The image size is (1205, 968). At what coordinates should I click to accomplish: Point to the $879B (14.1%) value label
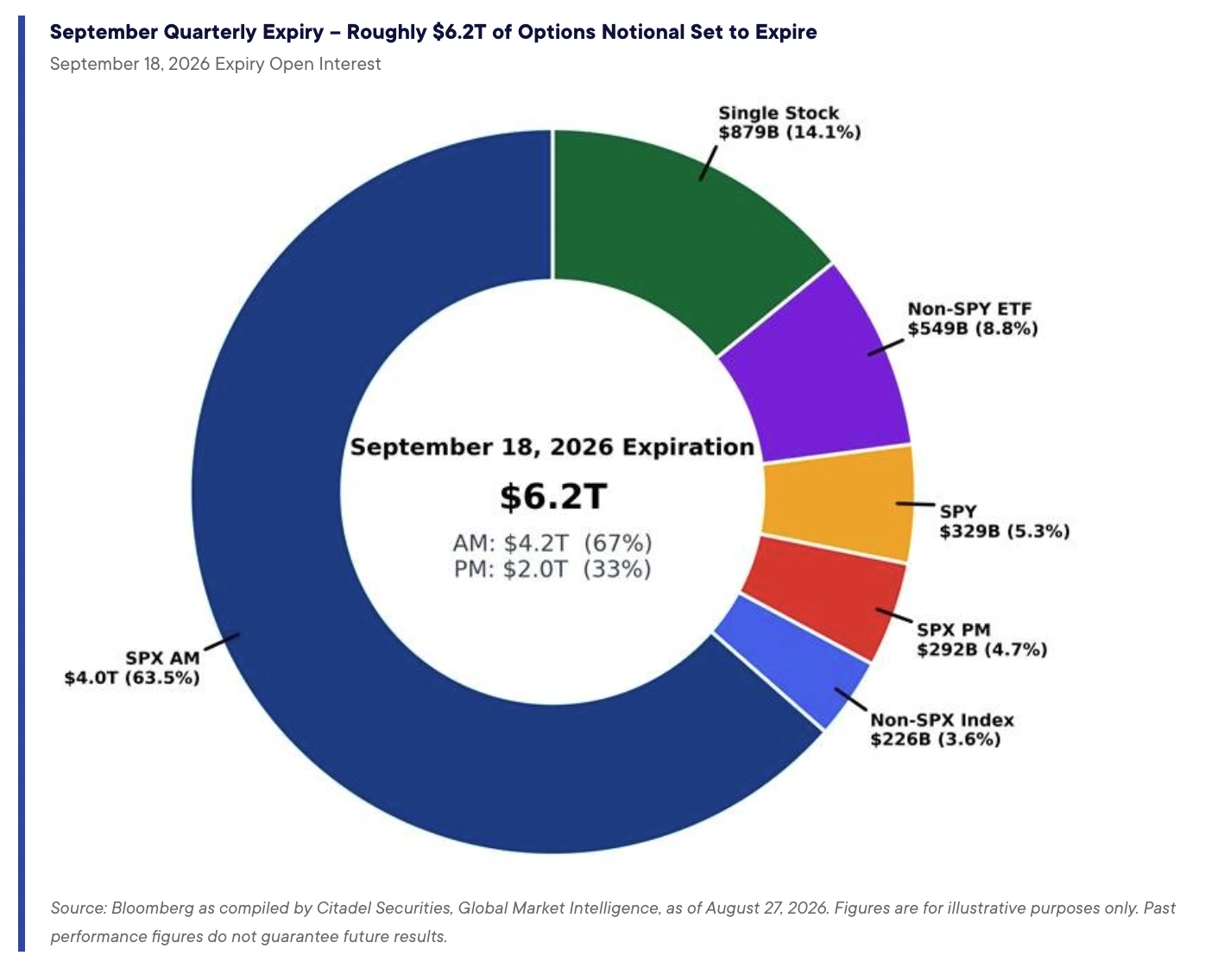(x=790, y=133)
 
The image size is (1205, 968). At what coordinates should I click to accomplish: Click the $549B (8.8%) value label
(x=973, y=329)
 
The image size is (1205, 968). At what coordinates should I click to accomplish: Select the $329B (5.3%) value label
(x=1005, y=531)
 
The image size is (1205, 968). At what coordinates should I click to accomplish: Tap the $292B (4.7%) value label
(x=982, y=650)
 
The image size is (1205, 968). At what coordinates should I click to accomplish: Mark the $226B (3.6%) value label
(x=935, y=739)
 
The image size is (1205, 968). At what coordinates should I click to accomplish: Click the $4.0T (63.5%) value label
(x=132, y=678)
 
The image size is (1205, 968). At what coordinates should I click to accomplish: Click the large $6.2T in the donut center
(x=553, y=497)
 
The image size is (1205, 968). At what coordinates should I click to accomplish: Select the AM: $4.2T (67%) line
(x=552, y=543)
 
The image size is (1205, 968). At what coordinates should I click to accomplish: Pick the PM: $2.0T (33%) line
(x=552, y=569)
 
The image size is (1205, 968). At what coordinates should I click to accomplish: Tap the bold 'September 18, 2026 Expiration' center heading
(x=552, y=447)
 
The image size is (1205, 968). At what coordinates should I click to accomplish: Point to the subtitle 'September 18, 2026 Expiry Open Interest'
(x=215, y=64)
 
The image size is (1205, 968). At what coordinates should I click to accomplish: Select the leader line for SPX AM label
(x=223, y=642)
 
